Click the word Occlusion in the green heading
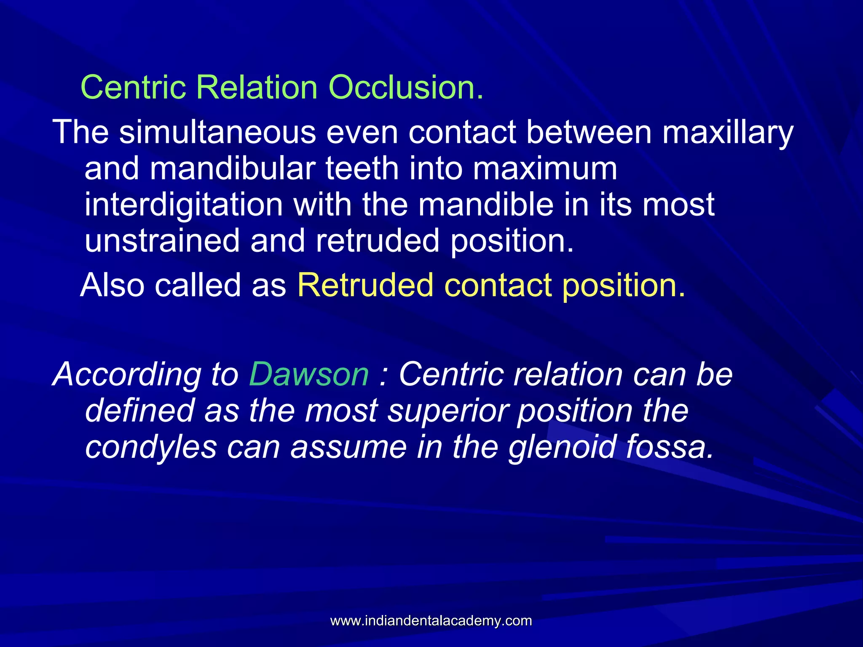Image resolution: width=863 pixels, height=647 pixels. (x=405, y=88)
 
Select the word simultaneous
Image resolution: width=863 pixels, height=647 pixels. (x=217, y=132)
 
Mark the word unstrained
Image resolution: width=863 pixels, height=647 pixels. (x=162, y=241)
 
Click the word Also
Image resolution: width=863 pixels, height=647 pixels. (x=113, y=285)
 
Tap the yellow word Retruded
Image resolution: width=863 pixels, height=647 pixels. (x=365, y=285)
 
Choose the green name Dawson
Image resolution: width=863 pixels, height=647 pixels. (x=309, y=374)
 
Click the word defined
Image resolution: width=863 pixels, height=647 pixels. (x=139, y=410)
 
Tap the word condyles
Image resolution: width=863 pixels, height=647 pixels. (x=151, y=447)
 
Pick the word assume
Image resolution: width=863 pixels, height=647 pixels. (x=348, y=447)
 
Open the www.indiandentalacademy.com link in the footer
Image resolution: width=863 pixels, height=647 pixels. (x=431, y=621)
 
